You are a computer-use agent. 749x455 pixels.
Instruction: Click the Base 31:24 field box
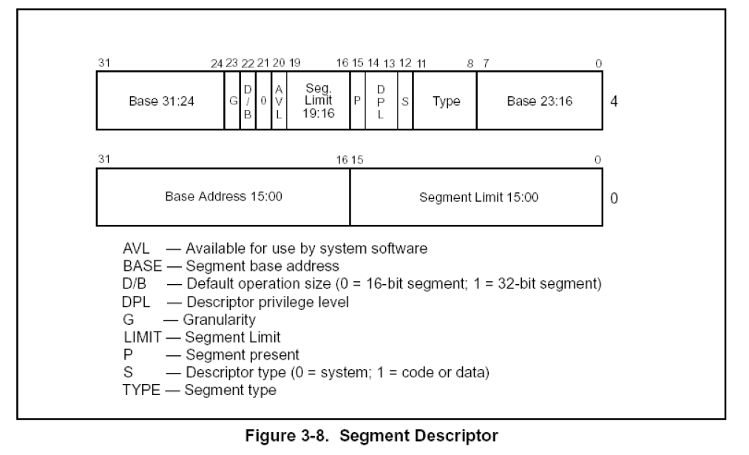(160, 101)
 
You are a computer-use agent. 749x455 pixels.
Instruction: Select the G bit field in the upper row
(232, 101)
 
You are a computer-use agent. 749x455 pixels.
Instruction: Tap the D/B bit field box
(248, 101)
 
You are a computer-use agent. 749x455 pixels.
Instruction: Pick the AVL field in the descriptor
(279, 101)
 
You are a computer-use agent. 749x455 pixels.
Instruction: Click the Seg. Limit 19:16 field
(318, 101)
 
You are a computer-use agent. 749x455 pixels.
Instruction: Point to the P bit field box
(357, 101)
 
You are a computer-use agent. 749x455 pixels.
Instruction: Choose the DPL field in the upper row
(381, 101)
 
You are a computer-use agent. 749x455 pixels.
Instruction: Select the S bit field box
(405, 101)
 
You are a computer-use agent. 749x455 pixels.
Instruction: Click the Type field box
(445, 101)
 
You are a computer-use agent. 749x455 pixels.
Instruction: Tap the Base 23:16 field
(539, 101)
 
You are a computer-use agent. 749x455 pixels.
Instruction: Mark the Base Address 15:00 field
(223, 197)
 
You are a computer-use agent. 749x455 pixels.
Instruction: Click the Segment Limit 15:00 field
(478, 197)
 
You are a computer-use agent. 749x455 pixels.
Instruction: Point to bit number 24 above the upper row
(216, 64)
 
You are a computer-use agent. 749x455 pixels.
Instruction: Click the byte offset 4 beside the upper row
(614, 101)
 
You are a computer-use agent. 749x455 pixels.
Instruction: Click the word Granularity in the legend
(220, 320)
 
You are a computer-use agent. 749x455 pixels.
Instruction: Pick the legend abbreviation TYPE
(140, 389)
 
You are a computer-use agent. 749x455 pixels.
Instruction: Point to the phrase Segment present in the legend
(243, 354)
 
